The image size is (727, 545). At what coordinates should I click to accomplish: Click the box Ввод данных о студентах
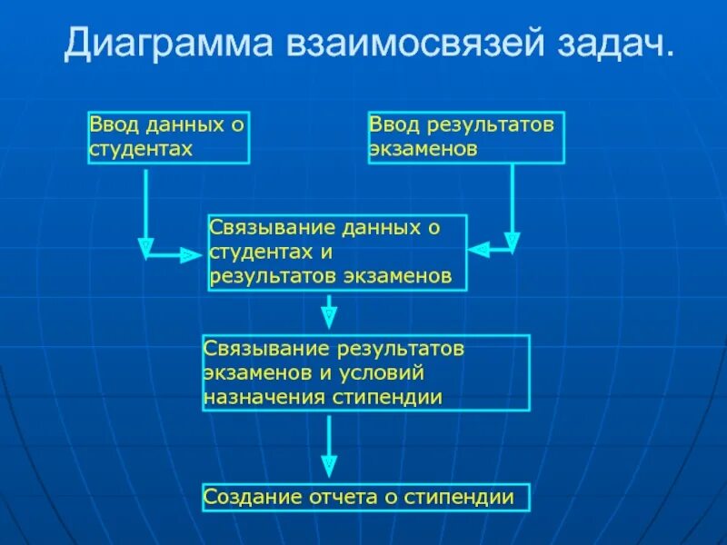point(169,137)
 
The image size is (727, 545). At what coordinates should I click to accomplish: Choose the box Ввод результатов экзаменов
point(466,137)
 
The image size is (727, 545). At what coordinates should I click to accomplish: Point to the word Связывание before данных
point(259,227)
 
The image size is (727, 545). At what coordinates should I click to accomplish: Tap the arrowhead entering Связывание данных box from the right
point(479,248)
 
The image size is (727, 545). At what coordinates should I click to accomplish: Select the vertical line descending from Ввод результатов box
point(513,200)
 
